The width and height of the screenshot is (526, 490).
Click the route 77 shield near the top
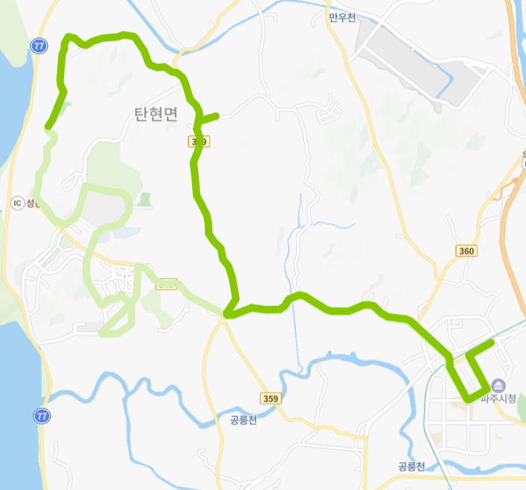pos(39,46)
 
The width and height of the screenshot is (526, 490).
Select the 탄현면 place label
pos(156,114)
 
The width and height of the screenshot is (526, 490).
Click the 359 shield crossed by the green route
pos(198,141)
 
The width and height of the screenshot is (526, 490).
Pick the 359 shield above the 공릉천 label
pos(271,399)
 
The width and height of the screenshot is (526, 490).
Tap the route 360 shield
pos(466,251)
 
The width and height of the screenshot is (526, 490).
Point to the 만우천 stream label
pos(343,16)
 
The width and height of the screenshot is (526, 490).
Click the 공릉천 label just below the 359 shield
pos(244,420)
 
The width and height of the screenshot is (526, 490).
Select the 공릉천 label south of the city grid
pos(411,467)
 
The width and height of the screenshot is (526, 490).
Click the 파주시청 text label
pos(498,399)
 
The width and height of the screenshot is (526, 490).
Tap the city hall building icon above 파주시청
pos(498,385)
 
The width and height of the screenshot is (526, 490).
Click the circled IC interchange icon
pos(17,203)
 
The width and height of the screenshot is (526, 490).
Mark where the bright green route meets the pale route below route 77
pos(49,127)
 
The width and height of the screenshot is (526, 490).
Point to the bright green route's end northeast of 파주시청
pos(492,343)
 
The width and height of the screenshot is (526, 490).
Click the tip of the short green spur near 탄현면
pos(217,115)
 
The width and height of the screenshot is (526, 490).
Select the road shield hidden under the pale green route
pos(167,283)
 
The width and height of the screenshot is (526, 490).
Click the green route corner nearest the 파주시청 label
pos(487,388)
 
